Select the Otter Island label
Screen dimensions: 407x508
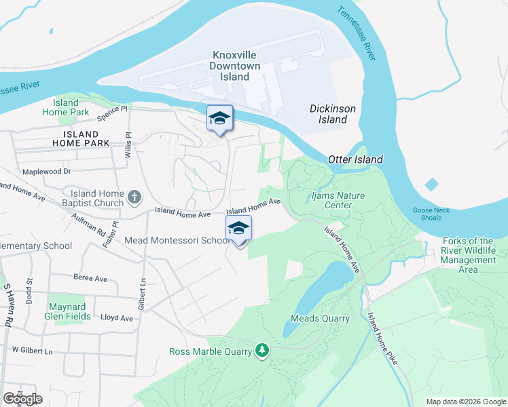(355, 159)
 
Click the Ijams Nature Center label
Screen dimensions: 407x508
(338, 200)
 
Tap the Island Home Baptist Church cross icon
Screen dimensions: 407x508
(134, 197)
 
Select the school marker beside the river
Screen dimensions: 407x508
(219, 119)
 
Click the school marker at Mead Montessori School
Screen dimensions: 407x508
(238, 229)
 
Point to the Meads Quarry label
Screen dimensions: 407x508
(320, 318)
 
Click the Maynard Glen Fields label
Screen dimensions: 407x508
(66, 310)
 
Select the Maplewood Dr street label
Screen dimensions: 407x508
(47, 172)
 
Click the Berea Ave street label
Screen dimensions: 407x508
(91, 278)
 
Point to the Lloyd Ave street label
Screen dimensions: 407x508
(117, 317)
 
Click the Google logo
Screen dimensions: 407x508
(22, 398)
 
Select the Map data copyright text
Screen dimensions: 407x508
(466, 402)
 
